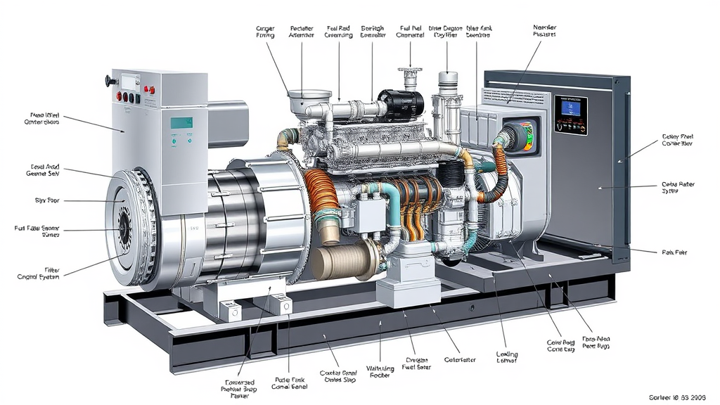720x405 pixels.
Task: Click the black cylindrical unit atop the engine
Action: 401,105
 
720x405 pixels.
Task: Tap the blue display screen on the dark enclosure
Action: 570,106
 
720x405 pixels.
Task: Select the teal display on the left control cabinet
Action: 182,122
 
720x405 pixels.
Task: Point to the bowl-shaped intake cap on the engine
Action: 309,98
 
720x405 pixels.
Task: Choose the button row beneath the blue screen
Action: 570,127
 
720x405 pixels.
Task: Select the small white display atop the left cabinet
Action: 131,81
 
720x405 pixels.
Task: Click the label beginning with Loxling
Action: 506,354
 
